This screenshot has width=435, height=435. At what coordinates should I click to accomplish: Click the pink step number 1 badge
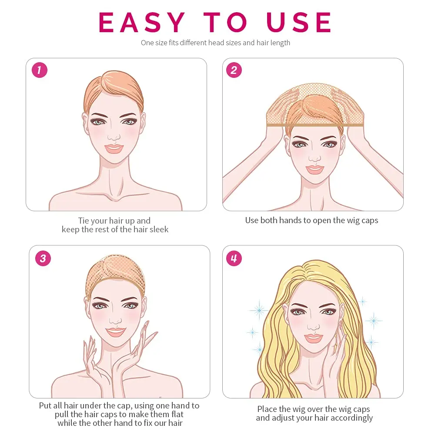tap(40, 70)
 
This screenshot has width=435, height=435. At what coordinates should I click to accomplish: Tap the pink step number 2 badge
tap(234, 70)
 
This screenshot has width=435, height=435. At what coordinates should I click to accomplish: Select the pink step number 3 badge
tap(43, 258)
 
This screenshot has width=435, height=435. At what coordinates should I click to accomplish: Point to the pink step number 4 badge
tap(234, 258)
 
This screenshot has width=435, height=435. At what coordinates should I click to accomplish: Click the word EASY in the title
tap(142, 22)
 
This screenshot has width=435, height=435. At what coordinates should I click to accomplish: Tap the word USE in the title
tap(298, 22)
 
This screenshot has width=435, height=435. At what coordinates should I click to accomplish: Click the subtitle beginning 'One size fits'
tap(216, 43)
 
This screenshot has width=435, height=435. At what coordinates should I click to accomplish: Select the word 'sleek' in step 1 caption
tap(159, 229)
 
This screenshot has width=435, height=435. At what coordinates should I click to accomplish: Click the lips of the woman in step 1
tap(114, 148)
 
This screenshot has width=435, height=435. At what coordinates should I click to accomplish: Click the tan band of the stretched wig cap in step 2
tap(315, 125)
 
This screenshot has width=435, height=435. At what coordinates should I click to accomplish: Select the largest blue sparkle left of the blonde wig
tap(259, 310)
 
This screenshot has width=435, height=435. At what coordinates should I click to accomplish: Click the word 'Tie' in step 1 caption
tap(84, 221)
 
